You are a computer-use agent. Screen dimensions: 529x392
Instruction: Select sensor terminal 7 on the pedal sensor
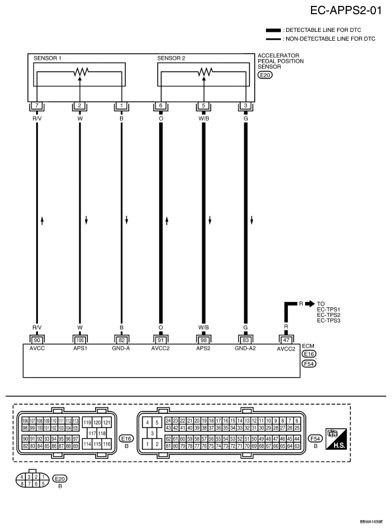pos(37,106)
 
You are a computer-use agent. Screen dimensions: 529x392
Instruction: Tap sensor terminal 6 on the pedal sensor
pos(161,106)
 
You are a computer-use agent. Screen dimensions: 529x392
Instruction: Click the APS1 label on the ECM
pos(79,349)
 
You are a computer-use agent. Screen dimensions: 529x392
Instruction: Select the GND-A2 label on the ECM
pos(245,349)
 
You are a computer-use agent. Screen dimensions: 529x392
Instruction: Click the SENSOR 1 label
pos(48,58)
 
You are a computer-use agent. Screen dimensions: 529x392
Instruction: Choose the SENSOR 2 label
pos(171,58)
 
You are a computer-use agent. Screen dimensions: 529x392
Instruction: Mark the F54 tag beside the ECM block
pos(309,364)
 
